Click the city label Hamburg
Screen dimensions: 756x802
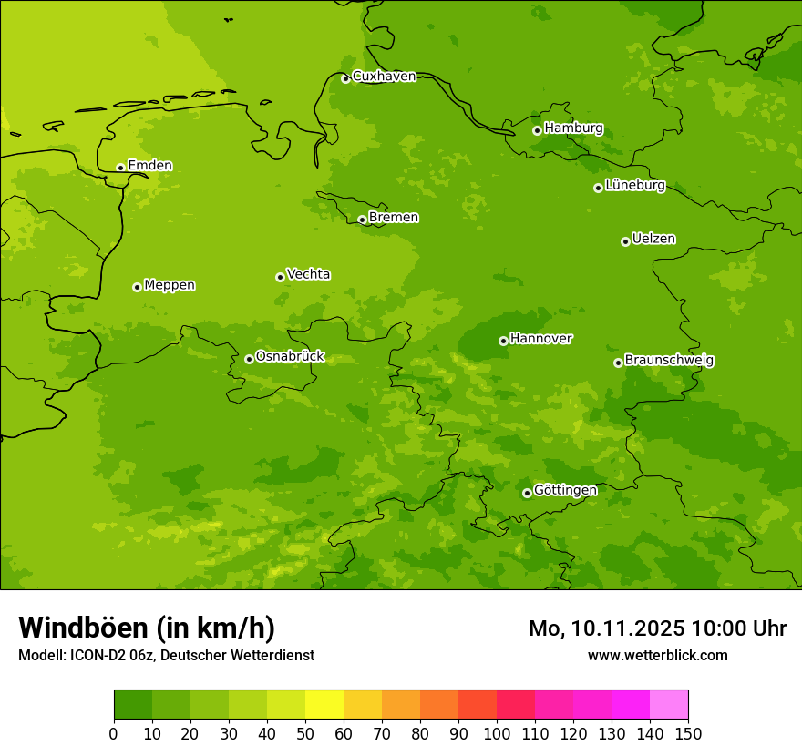573,128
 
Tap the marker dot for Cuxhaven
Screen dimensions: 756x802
345,79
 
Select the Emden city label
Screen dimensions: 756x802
149,166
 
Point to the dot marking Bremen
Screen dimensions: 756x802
362,220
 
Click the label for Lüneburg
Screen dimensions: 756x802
634,186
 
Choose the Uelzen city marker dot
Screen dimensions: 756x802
625,241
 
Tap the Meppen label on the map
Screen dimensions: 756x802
169,285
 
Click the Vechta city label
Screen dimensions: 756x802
308,274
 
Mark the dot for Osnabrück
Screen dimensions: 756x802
249,359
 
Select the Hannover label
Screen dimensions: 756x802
540,339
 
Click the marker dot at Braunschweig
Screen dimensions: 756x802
618,363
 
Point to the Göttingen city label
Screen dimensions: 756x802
565,490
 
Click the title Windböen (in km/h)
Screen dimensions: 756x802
147,628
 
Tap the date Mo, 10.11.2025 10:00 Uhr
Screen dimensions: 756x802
657,628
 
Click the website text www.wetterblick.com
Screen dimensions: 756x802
657,656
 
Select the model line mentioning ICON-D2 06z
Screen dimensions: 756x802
166,656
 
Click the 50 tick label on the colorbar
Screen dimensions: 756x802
305,733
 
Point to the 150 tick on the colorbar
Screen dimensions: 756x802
687,733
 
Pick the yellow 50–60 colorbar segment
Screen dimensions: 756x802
324,705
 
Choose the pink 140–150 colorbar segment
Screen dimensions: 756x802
669,705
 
